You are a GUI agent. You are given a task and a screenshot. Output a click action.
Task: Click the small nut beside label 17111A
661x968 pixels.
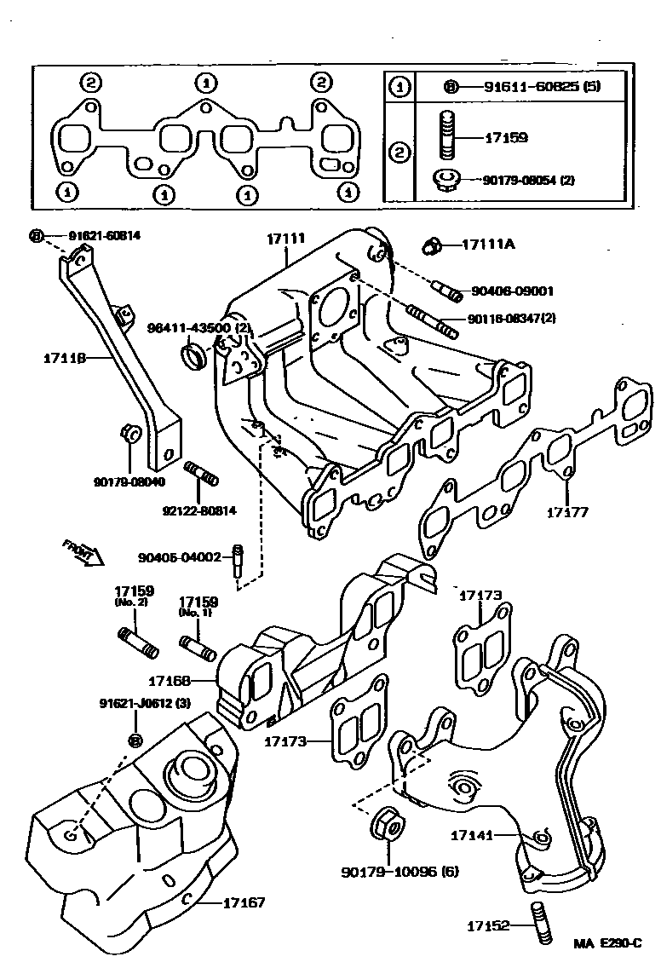430,246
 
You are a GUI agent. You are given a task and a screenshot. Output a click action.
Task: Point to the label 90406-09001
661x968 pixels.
511,290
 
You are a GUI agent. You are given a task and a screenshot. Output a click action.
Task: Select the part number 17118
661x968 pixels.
65,359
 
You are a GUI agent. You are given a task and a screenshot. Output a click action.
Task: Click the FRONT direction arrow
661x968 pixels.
83,552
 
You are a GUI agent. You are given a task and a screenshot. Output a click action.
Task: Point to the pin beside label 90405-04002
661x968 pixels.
239,563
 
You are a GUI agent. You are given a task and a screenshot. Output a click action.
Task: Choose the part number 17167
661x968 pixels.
244,902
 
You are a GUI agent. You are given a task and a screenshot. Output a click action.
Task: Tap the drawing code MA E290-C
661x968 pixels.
606,944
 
